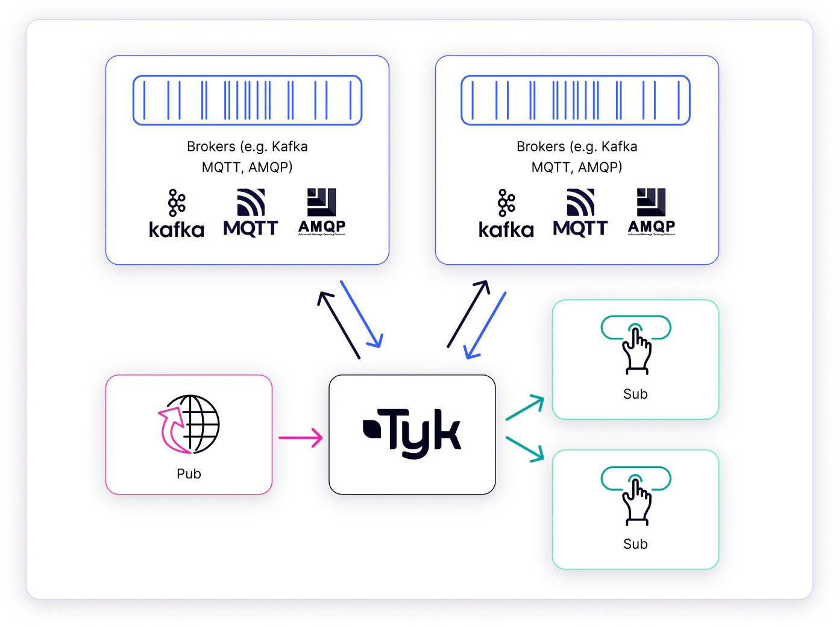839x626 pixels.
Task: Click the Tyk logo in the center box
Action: point(412,433)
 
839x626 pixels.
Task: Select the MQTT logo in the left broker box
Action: point(251,213)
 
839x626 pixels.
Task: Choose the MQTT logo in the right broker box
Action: point(580,213)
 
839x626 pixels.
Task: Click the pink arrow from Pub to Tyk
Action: point(300,437)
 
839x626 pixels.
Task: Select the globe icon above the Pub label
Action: point(189,425)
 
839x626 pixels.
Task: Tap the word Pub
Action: point(189,474)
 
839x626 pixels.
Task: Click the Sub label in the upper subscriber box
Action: point(635,394)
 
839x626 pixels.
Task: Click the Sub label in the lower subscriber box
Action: point(635,545)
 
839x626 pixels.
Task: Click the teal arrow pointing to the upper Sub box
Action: point(524,408)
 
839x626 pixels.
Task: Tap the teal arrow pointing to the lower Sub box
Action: point(524,449)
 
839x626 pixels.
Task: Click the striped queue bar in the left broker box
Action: point(247,100)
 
